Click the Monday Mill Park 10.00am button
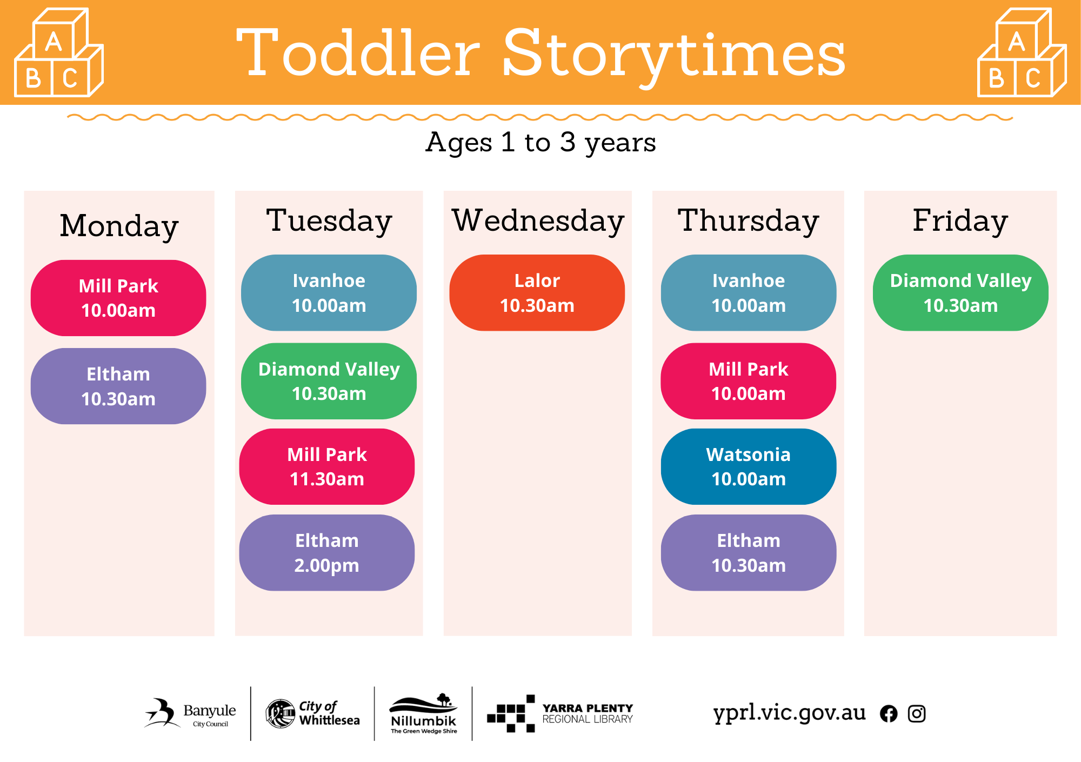(x=118, y=298)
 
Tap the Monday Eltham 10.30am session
(x=118, y=386)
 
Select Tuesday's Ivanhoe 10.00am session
(x=329, y=292)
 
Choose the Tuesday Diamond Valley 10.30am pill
(x=329, y=381)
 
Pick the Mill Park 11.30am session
(x=327, y=466)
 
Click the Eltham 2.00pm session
(x=327, y=552)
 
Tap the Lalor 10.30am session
(x=537, y=292)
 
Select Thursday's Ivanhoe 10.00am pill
(x=749, y=292)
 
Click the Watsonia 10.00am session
(x=749, y=466)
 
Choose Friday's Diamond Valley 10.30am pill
(x=960, y=292)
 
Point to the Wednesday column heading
(x=538, y=220)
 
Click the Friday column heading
(x=960, y=220)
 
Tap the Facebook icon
(x=889, y=714)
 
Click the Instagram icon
(x=917, y=714)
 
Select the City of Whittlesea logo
(x=312, y=713)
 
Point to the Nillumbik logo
(x=424, y=713)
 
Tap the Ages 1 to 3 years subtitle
(x=540, y=143)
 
